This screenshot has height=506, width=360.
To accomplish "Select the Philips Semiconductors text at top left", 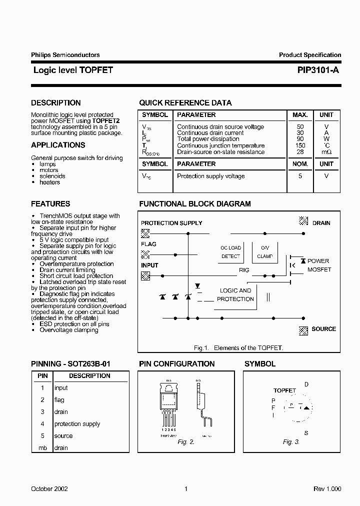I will tap(65, 55).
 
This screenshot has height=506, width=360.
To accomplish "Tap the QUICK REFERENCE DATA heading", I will tap(185, 103).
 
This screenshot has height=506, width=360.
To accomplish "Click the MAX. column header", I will tap(300, 115).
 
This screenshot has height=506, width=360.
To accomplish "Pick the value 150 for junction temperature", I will tap(300, 145).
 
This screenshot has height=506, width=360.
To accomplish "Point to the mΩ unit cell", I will tap(326, 152).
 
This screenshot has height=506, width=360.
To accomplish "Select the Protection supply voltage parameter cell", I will tap(210, 176).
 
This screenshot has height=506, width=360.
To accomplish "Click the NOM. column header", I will tap(300, 164).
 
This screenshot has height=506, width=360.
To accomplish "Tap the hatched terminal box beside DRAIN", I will tap(303, 220).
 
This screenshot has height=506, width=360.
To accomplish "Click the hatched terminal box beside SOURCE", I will tap(303, 330).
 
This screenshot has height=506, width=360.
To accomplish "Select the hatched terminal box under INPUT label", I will tap(145, 275).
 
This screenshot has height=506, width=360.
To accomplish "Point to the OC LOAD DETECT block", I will tap(230, 252).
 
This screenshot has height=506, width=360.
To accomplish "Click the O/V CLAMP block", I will tap(265, 252).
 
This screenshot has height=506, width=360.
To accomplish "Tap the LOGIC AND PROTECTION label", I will tap(235, 295).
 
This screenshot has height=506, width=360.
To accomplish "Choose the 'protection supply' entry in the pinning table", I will tap(77, 424).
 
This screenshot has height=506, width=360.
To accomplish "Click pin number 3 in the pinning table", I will tap(42, 412).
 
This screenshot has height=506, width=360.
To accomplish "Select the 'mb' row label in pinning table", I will tap(42, 448).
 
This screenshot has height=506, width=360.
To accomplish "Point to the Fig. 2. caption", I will tap(185, 442).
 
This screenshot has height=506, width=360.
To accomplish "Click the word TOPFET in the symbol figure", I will tap(284, 390).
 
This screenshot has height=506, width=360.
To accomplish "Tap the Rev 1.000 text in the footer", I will tap(327, 489).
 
